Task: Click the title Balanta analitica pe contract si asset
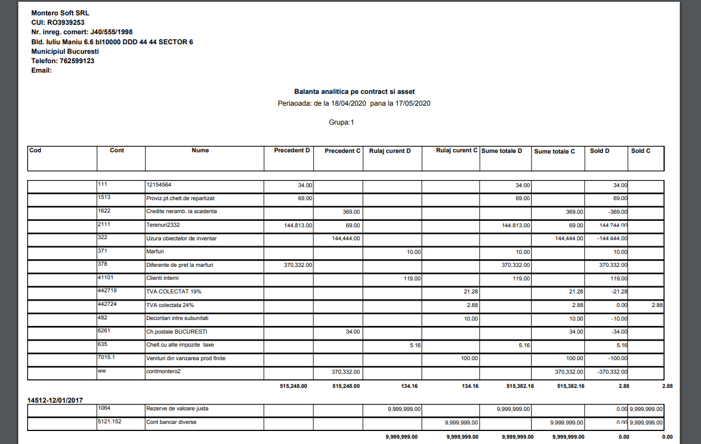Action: pyautogui.click(x=354, y=92)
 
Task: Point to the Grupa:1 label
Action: pyautogui.click(x=341, y=122)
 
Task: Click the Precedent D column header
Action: pyautogui.click(x=291, y=151)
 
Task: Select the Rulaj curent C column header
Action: pyautogui.click(x=456, y=151)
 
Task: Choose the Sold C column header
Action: pyautogui.click(x=641, y=151)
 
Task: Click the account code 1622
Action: pyautogui.click(x=105, y=211)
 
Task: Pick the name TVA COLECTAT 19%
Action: pyautogui.click(x=169, y=291)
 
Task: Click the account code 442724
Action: pyautogui.click(x=108, y=304)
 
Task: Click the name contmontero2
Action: pyautogui.click(x=164, y=371)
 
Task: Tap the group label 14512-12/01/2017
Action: pyautogui.click(x=55, y=400)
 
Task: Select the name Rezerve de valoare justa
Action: pyautogui.click(x=177, y=408)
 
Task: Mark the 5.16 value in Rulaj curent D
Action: pyautogui.click(x=415, y=345)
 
